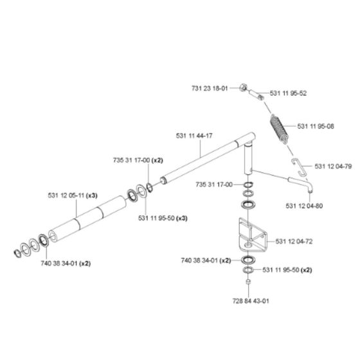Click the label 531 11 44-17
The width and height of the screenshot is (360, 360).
pyautogui.click(x=194, y=136)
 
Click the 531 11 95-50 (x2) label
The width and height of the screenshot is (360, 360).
pyautogui.click(x=290, y=270)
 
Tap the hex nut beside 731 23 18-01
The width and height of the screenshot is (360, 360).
pyautogui.click(x=246, y=88)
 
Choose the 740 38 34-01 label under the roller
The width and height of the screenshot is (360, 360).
pyautogui.click(x=65, y=263)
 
